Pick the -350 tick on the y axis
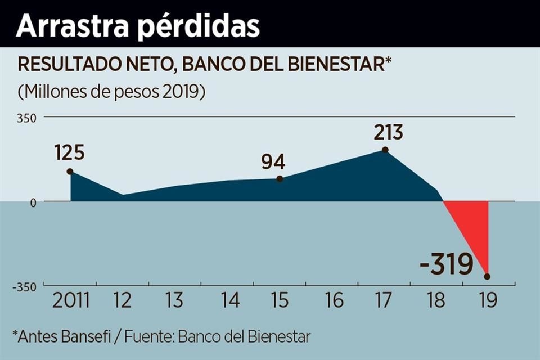click(24, 286)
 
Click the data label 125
click(69, 152)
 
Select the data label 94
click(273, 161)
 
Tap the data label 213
click(389, 133)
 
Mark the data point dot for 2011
click(70, 172)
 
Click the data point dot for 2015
click(280, 179)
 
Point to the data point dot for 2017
click(385, 150)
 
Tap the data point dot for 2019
click(487, 276)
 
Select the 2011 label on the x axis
click(71, 300)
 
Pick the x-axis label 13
click(175, 300)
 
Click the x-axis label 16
click(334, 300)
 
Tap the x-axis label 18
click(437, 300)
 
